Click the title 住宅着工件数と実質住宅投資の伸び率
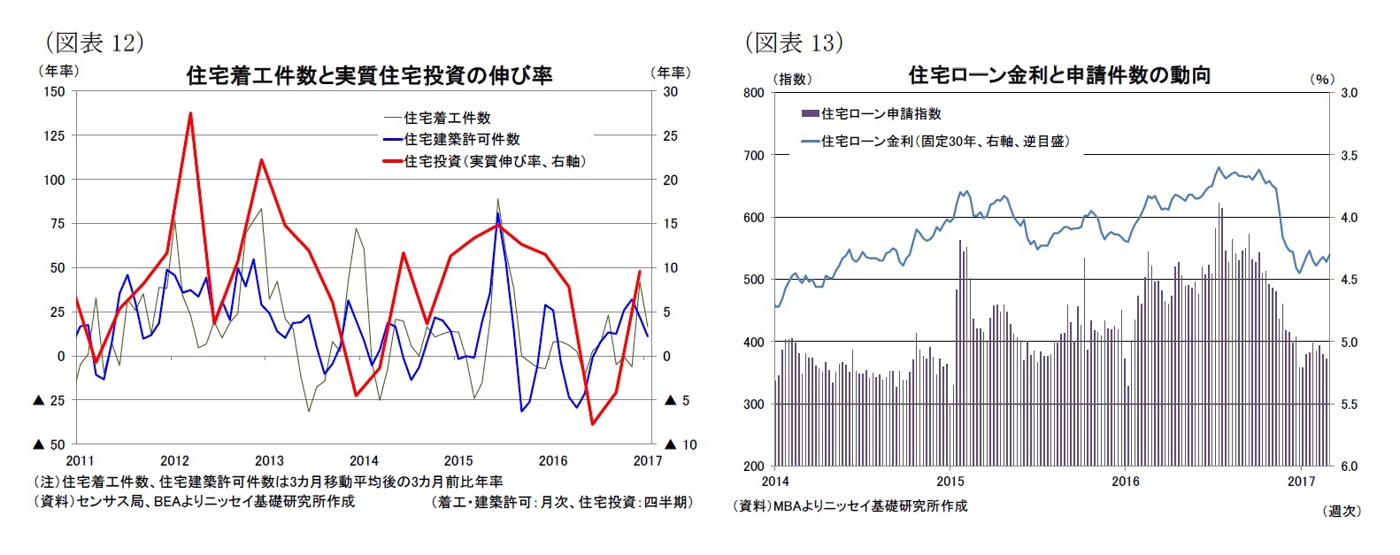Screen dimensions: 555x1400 (369, 75)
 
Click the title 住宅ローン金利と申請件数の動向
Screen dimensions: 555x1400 (1059, 75)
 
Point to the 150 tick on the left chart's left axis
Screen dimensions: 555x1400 (54, 91)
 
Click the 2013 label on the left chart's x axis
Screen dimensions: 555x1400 (269, 460)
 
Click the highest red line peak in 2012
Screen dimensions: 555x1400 (190, 113)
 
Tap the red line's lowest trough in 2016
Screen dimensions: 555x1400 (592, 424)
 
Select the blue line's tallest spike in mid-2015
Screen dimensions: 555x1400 (497, 213)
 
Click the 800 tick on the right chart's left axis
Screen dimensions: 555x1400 (753, 92)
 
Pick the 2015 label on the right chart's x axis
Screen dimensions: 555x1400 (950, 482)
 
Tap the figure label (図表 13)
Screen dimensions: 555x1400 (793, 42)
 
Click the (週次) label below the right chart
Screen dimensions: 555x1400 (1342, 511)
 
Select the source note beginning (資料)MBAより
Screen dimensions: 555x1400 (850, 505)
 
